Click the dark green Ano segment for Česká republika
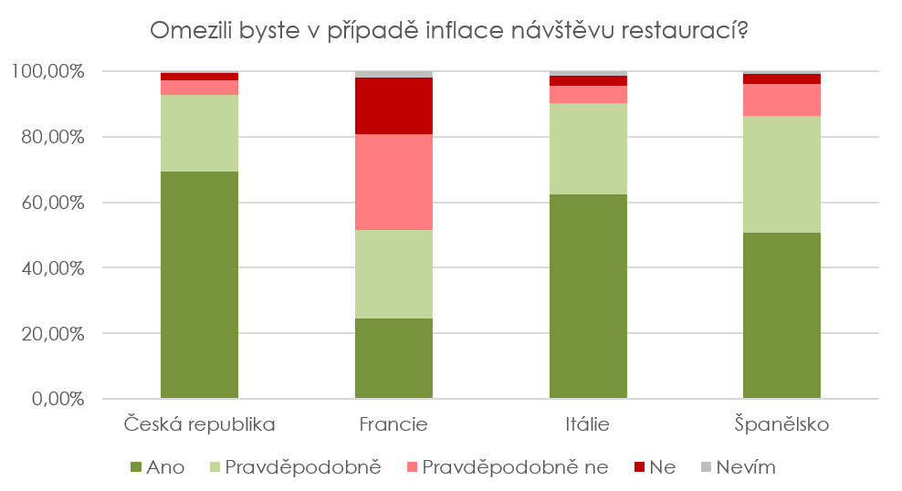[199, 285]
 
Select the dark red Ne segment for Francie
[393, 106]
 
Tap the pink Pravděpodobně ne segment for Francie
[393, 182]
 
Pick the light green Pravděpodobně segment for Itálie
[588, 149]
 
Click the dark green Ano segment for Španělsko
[781, 316]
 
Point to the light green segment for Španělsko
[781, 174]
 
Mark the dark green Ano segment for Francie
[393, 359]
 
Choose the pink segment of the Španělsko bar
[781, 99]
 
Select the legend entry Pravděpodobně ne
[508, 468]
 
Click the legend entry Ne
[655, 468]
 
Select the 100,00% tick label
[47, 71]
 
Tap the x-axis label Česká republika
[199, 425]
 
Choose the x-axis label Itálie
[588, 425]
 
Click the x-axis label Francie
[393, 425]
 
